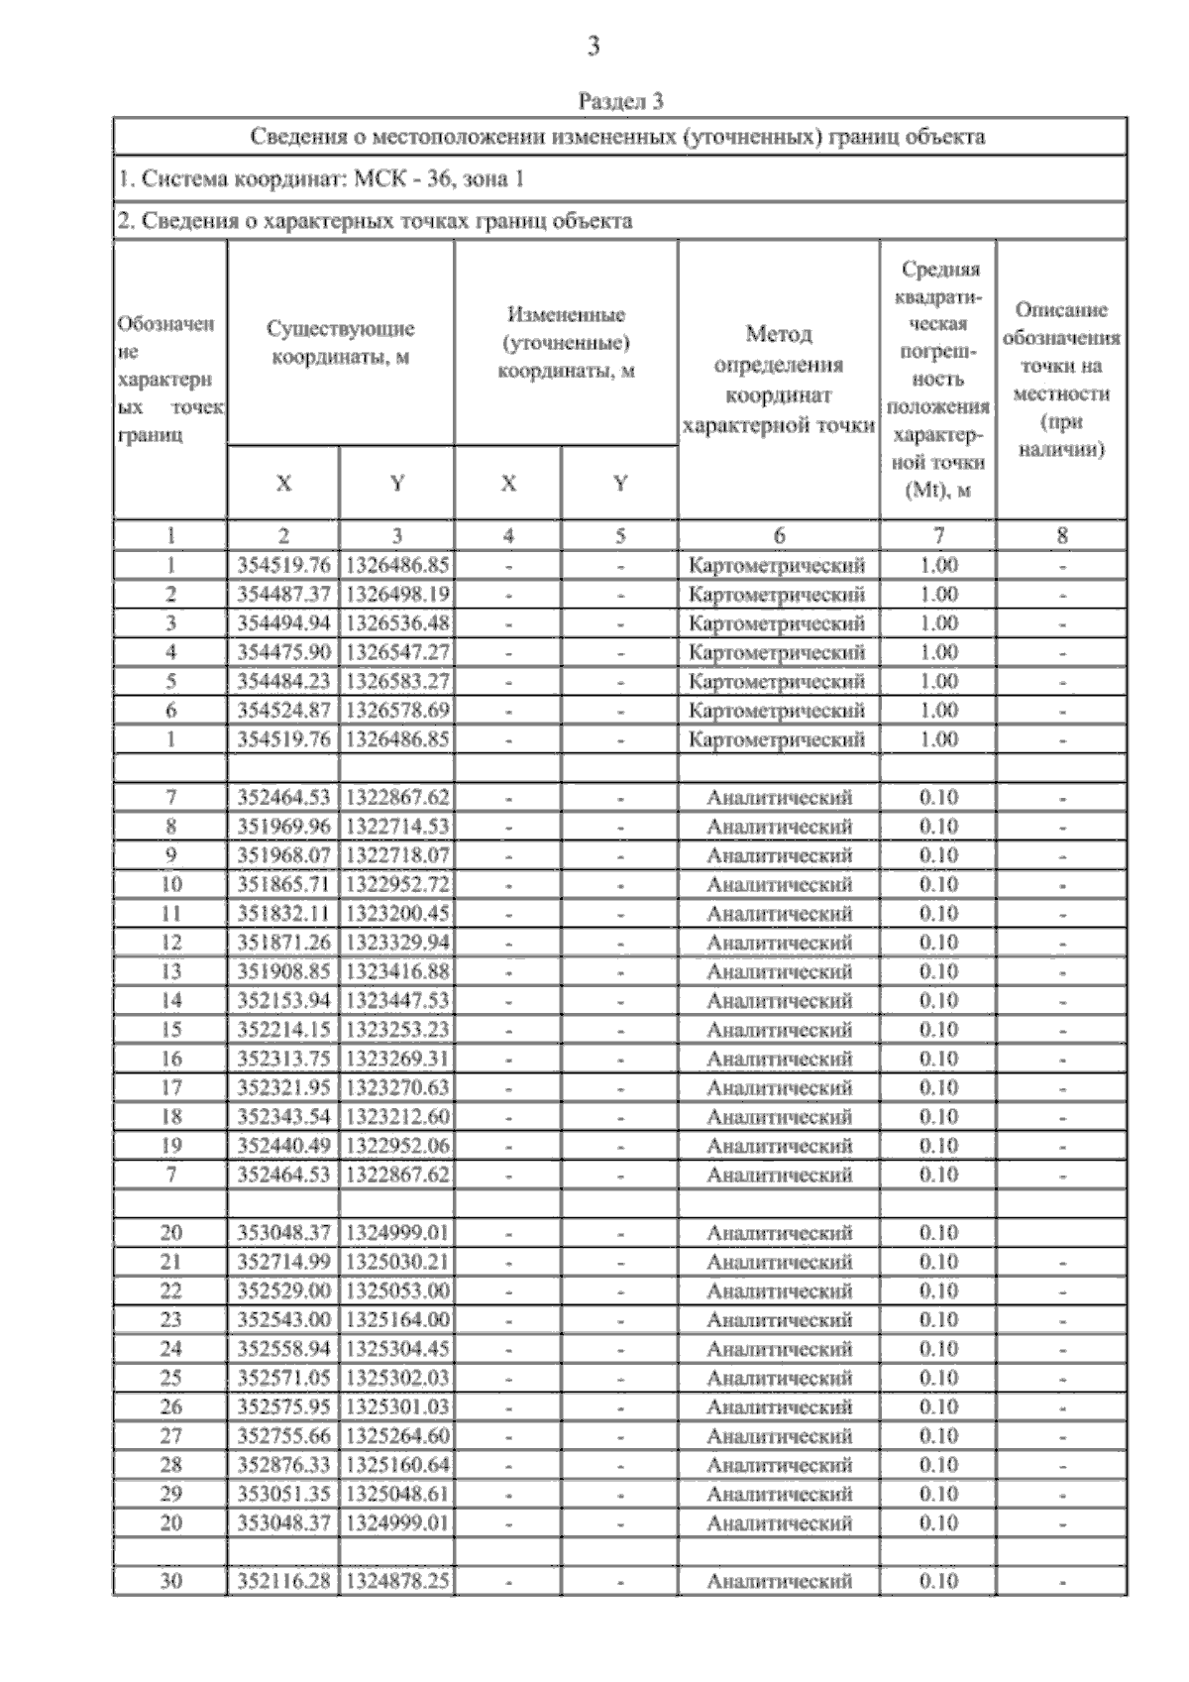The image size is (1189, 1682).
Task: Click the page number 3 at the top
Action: point(594,46)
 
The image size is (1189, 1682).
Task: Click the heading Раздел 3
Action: point(620,101)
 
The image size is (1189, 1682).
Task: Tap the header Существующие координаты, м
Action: point(341,342)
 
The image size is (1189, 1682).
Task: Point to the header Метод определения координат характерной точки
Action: point(779,380)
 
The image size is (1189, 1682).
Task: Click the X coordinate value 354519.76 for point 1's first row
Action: point(283,565)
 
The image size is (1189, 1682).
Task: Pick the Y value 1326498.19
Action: point(396,595)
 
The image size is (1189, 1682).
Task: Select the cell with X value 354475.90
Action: point(283,652)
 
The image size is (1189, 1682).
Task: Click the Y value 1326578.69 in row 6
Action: point(396,711)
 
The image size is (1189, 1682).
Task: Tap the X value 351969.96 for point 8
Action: point(283,827)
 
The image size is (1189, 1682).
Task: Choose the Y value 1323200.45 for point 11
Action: point(396,914)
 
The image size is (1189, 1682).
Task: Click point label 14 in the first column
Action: point(170,1001)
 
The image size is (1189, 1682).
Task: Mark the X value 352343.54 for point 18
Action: point(283,1117)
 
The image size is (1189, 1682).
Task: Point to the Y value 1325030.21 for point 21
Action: point(396,1262)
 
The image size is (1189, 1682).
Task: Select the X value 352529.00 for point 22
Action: point(283,1291)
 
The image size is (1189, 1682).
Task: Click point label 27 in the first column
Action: point(170,1436)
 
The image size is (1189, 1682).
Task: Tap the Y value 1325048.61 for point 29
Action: point(396,1494)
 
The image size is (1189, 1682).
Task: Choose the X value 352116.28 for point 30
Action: point(283,1582)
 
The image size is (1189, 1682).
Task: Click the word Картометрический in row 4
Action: point(777,652)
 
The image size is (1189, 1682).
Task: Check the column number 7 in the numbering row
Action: point(937,536)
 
